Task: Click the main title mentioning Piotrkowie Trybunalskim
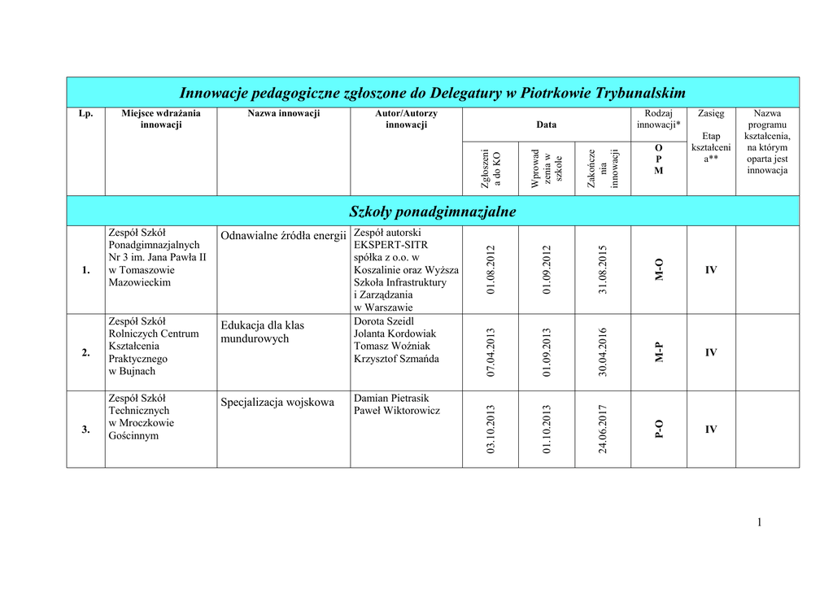click(432, 92)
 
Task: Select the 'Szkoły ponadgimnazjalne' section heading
click(432, 212)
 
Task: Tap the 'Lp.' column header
click(85, 113)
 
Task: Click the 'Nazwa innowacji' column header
click(284, 113)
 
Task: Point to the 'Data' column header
click(547, 124)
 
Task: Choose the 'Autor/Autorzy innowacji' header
click(406, 119)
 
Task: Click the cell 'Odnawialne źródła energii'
click(284, 236)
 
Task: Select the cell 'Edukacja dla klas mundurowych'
click(262, 332)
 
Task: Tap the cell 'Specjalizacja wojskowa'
click(277, 402)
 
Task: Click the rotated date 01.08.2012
click(491, 270)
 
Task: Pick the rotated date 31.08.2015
click(603, 270)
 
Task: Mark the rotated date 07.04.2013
click(491, 352)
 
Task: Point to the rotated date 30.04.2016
click(603, 352)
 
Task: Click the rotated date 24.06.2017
click(603, 429)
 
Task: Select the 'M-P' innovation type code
click(659, 352)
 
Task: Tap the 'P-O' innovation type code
click(659, 429)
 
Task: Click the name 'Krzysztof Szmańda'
click(396, 359)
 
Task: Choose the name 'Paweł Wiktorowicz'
click(397, 411)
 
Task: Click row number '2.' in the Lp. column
click(85, 352)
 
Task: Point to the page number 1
click(759, 522)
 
